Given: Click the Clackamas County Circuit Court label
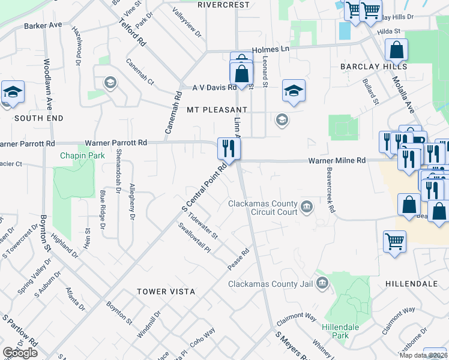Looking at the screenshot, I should pos(263,208).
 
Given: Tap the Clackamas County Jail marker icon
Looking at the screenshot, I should pos(322,282).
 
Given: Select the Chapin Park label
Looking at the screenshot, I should pos(82,156).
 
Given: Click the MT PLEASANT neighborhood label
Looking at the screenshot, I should pos(217,110).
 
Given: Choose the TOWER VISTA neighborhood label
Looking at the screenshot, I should pos(166,292).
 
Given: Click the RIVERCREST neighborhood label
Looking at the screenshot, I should pos(223,5).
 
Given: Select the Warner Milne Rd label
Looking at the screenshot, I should pos(337,161).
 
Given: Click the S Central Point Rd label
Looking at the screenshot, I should pos(204,187).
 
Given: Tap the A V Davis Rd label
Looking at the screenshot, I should pos(214,88).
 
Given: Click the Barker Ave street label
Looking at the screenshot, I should pos(43,26).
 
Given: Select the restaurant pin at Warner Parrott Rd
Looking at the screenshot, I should pos(228,148).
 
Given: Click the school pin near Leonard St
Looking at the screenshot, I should pos(294,91).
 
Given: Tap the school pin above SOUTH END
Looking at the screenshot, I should pos(13,92).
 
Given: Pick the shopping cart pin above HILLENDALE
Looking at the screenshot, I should pos(394,242).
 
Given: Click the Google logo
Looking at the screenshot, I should pos(20,353).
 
